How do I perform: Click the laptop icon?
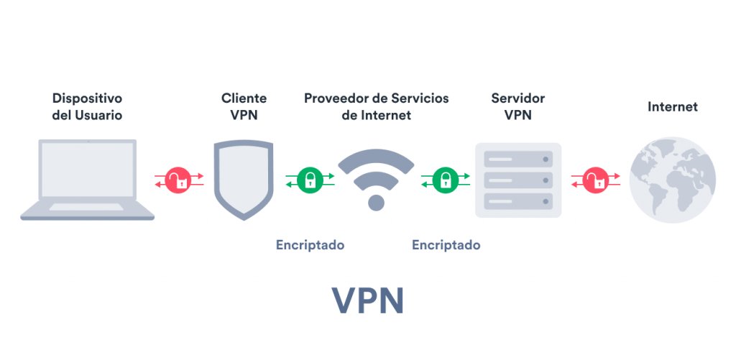pyautogui.click(x=87, y=180)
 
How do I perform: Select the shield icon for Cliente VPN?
pyautogui.click(x=244, y=180)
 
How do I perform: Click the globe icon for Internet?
pyautogui.click(x=672, y=180)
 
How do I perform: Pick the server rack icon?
pyautogui.click(x=518, y=180)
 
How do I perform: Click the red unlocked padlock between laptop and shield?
pyautogui.click(x=179, y=180)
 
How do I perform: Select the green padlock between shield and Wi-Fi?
pyautogui.click(x=310, y=180)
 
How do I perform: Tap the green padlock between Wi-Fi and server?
pyautogui.click(x=446, y=180)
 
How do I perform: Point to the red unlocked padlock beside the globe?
pyautogui.click(x=596, y=180)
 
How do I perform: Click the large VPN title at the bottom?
pyautogui.click(x=368, y=300)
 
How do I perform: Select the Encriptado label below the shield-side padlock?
pyautogui.click(x=310, y=245)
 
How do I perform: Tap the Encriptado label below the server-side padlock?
pyautogui.click(x=446, y=245)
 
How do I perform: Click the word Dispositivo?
pyautogui.click(x=87, y=98)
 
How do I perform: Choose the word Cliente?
pyautogui.click(x=244, y=98)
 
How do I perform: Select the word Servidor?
pyautogui.click(x=518, y=98)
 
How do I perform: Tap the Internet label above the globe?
pyautogui.click(x=673, y=106)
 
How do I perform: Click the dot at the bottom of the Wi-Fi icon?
pyautogui.click(x=376, y=203)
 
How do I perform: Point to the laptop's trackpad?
pyautogui.click(x=86, y=206)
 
